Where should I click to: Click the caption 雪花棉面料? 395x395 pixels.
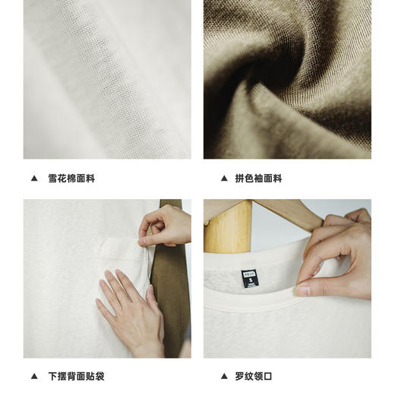[71, 179]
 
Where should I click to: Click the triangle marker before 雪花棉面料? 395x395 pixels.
[33, 179]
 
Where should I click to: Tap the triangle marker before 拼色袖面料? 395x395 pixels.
[224, 179]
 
